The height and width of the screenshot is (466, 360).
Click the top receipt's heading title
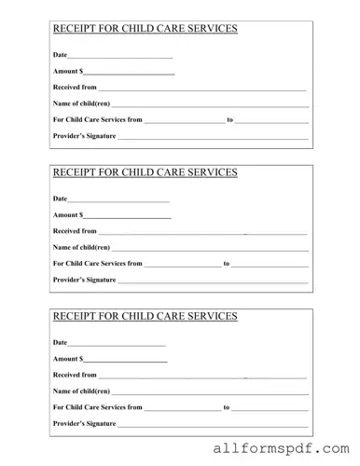click(145, 28)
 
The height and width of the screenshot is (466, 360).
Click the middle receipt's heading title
click(145, 172)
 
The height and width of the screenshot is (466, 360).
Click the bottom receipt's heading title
click(145, 317)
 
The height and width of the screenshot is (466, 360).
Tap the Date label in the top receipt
click(60, 56)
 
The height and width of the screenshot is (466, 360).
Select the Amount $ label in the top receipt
click(68, 72)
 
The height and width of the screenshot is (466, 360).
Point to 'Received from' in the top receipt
click(75, 87)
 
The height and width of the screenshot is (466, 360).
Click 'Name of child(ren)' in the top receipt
click(82, 103)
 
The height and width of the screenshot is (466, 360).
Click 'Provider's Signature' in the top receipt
click(84, 136)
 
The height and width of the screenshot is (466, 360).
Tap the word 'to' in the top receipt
click(230, 120)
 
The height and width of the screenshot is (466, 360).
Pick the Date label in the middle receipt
click(60, 199)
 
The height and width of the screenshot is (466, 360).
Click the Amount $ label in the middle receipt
click(68, 215)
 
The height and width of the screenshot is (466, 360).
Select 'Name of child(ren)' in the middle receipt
click(82, 247)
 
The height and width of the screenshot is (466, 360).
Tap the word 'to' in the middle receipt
click(227, 264)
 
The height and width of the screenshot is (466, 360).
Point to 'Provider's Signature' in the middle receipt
click(84, 280)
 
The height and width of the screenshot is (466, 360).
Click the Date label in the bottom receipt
click(60, 343)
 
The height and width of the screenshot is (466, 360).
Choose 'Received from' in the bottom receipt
click(75, 375)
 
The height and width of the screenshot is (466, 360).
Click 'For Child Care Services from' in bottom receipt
click(98, 407)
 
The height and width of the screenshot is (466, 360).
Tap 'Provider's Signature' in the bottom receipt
click(84, 424)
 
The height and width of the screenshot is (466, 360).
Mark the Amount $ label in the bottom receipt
click(68, 359)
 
